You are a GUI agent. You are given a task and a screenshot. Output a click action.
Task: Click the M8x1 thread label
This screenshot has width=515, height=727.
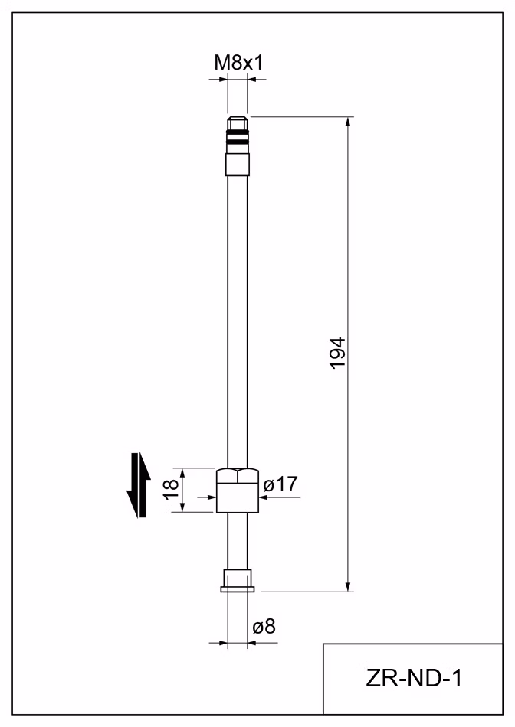tap(238, 63)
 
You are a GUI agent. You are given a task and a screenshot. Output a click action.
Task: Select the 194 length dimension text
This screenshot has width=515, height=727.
tap(338, 353)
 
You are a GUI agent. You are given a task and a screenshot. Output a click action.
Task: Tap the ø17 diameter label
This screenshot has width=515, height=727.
tap(280, 484)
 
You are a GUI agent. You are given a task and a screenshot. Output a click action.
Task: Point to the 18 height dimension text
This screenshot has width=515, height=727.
tap(171, 489)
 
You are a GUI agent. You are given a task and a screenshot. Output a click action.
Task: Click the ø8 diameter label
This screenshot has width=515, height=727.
tap(264, 627)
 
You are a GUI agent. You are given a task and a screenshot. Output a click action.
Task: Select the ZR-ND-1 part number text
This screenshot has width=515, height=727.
tap(414, 679)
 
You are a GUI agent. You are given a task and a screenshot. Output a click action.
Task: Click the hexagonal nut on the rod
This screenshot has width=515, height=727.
tap(238, 491)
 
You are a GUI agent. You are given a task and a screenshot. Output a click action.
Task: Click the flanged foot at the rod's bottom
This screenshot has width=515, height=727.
tap(238, 581)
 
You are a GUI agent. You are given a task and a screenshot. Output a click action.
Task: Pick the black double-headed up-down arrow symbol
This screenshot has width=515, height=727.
tap(139, 485)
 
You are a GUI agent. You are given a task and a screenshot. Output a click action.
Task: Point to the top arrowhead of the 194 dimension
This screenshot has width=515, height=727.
tap(348, 122)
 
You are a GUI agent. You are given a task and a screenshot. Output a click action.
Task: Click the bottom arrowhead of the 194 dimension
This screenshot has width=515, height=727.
tap(348, 586)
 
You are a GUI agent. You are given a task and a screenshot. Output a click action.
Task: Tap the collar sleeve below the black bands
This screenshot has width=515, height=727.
tap(238, 165)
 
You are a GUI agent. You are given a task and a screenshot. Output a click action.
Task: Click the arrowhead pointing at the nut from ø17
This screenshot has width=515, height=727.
tap(264, 497)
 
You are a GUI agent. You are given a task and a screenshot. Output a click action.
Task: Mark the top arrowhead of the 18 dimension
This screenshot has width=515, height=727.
tap(182, 474)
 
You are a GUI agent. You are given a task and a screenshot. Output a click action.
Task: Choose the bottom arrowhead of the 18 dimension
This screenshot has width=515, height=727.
tap(182, 507)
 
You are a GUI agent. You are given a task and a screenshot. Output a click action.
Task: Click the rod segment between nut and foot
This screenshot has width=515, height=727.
tap(238, 541)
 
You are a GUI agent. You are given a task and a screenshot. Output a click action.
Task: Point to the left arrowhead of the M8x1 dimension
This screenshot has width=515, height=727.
tap(222, 80)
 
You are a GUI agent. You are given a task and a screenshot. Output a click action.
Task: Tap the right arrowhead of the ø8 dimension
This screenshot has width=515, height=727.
tap(253, 643)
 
